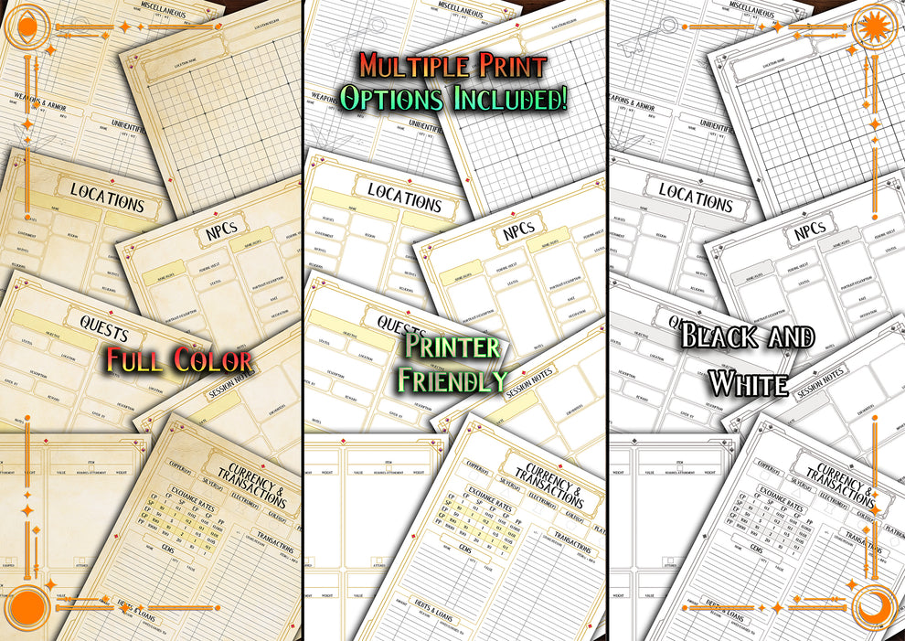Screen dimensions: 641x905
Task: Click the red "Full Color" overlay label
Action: (178, 359)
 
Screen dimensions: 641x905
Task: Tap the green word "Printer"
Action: (453, 347)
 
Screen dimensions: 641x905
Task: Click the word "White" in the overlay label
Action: (748, 383)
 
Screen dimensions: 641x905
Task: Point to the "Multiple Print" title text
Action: (452, 66)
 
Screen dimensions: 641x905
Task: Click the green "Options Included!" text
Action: (452, 99)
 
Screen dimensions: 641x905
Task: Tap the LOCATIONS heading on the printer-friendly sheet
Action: (404, 198)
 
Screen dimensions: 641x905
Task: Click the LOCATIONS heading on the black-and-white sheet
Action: (696, 195)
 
